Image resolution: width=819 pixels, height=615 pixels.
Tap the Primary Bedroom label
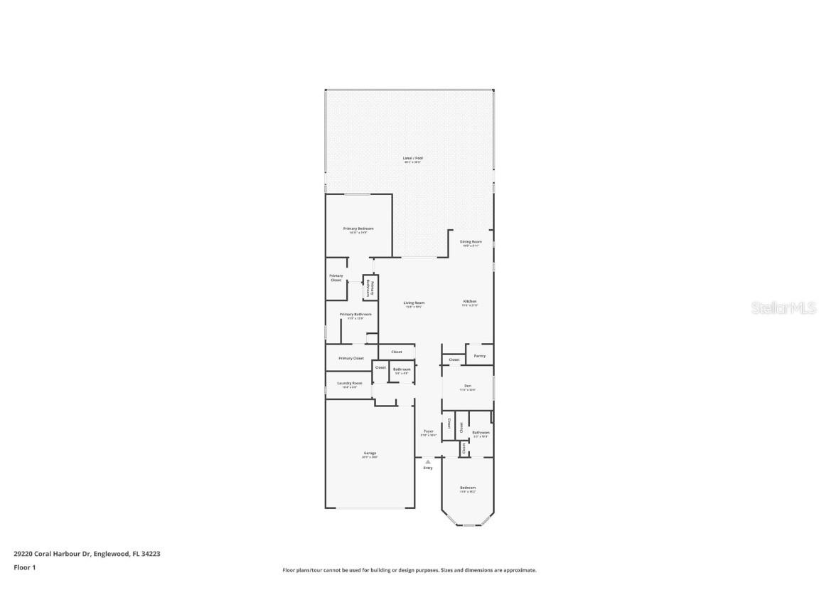[x=358, y=228]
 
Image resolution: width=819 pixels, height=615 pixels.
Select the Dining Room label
[x=471, y=242]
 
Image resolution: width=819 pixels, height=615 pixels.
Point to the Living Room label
[x=414, y=303]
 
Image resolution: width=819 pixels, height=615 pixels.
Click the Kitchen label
[x=470, y=302]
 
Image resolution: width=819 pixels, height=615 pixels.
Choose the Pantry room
[x=480, y=355]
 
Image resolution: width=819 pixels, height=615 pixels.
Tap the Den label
[x=467, y=387]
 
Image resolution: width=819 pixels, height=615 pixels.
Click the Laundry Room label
[x=349, y=383]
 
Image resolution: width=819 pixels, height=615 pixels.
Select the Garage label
[x=370, y=453]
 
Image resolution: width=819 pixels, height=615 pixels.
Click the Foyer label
[x=428, y=431]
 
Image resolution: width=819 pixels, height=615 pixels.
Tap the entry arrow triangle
[x=428, y=461]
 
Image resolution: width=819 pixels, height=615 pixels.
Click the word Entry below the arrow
[x=428, y=468]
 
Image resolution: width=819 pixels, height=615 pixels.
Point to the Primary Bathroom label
[x=355, y=314]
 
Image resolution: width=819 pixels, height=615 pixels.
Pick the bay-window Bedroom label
[x=467, y=488]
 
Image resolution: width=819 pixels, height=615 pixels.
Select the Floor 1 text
[x=24, y=567]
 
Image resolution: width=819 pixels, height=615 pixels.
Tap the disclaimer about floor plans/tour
[x=409, y=570]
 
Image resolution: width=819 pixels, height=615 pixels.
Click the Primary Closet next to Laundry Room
[x=350, y=358]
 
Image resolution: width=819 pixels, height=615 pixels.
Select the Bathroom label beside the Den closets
[x=481, y=433]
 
